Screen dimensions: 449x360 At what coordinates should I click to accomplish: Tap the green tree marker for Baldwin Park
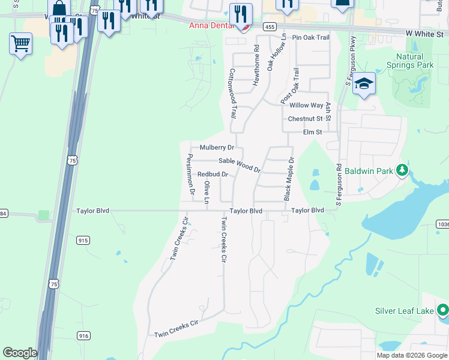[x=402, y=171]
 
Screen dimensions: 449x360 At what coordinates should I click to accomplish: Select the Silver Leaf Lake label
[x=405, y=311]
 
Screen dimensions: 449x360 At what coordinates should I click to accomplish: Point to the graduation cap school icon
[x=364, y=83]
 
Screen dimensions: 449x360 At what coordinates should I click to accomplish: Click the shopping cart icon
[x=20, y=43]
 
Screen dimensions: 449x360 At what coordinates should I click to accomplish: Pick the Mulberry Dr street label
[x=217, y=148]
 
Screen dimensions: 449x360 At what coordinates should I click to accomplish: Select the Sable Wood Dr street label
[x=240, y=164]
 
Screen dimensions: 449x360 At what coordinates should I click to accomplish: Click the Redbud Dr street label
[x=213, y=175]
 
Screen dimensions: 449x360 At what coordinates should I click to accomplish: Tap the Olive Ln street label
[x=206, y=192]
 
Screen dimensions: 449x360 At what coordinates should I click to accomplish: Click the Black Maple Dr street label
[x=289, y=179]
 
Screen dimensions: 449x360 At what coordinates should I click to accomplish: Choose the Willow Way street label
[x=306, y=106]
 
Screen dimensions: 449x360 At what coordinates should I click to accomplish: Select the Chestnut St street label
[x=305, y=119]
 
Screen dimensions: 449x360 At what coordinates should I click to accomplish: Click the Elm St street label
[x=312, y=132]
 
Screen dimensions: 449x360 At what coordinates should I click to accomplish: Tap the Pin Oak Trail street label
[x=311, y=38]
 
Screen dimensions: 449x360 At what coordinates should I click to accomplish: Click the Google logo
[x=20, y=353]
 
